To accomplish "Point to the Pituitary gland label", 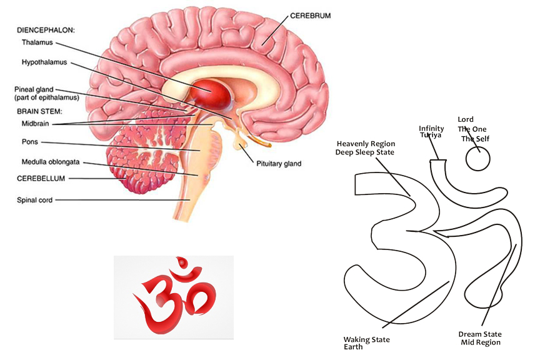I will pos(279,164).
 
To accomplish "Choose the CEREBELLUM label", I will pos(41,178).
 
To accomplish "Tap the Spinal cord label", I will pos(35,201).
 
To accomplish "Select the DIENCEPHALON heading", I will pos(44,29).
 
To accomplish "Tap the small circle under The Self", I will pos(479,159).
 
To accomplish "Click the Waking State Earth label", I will pos(366,343).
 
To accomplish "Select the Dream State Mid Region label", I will pos(479,338).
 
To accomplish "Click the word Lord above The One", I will pos(466,119).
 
